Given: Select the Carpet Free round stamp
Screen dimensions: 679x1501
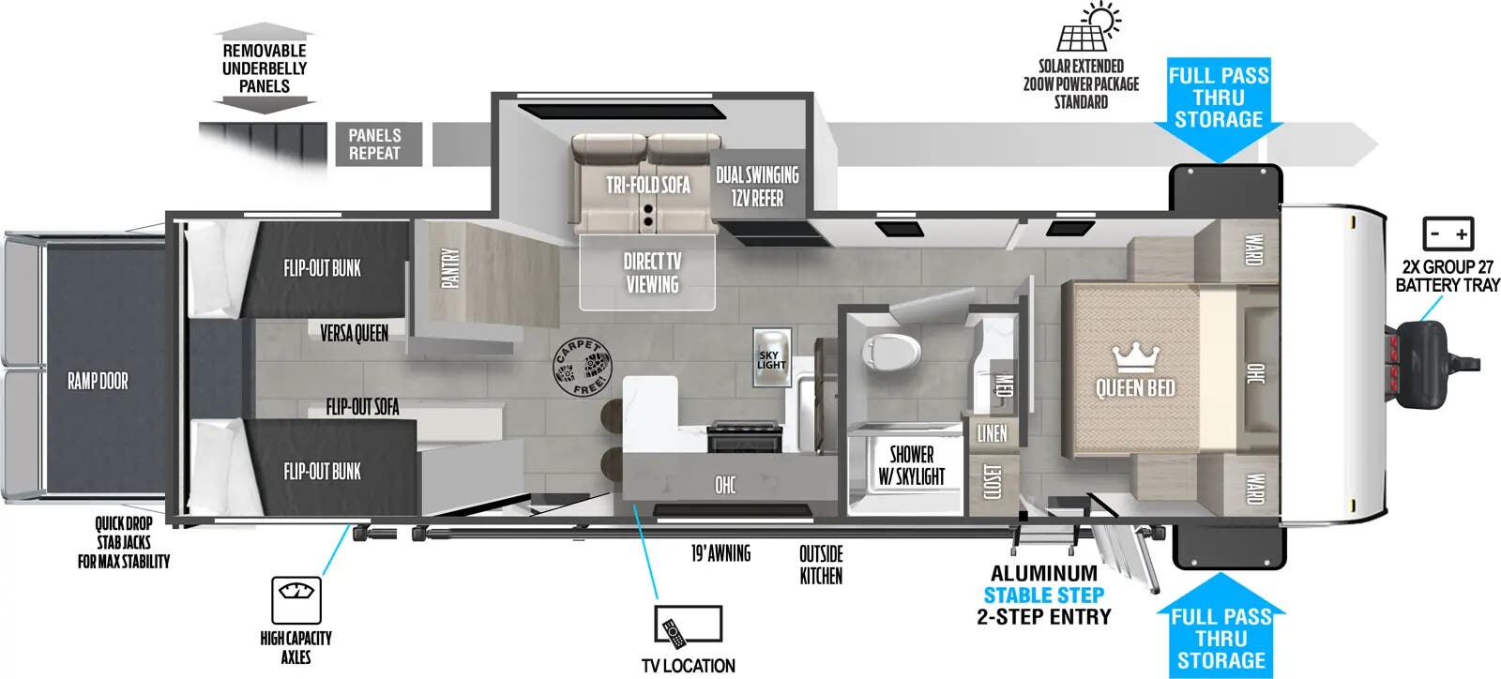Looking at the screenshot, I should pyautogui.click(x=581, y=368).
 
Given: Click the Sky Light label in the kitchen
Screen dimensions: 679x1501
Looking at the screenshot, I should pyautogui.click(x=771, y=359).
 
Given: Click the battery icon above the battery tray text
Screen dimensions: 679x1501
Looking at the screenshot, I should pyautogui.click(x=1448, y=233).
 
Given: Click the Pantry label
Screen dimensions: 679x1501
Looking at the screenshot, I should pyautogui.click(x=451, y=267).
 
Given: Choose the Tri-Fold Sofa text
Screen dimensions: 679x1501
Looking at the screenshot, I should pyautogui.click(x=647, y=185).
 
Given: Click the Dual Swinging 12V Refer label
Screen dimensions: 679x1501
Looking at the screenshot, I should pyautogui.click(x=757, y=186).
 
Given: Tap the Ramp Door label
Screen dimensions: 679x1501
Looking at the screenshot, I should pyautogui.click(x=98, y=381).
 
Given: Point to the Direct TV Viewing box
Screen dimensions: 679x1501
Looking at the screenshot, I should pyautogui.click(x=647, y=272).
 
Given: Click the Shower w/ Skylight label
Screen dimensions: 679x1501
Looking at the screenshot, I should pyautogui.click(x=911, y=465).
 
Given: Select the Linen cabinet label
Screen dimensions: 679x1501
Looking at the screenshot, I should pyautogui.click(x=992, y=432).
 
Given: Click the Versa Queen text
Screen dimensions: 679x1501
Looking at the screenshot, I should pyautogui.click(x=354, y=333).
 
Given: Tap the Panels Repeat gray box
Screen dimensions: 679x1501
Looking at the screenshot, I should pyautogui.click(x=374, y=144).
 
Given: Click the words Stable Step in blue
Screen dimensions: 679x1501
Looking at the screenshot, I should pyautogui.click(x=1043, y=595).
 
